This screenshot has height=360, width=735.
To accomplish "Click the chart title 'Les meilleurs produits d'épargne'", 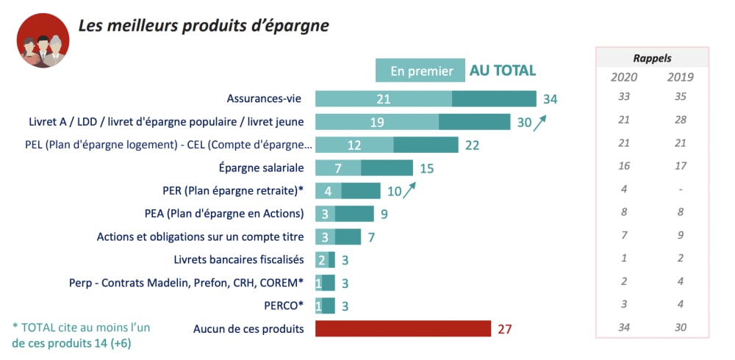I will click(x=204, y=26).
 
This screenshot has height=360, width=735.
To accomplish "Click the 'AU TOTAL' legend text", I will click(x=503, y=71).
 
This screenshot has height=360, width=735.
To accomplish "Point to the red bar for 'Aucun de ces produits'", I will click(x=403, y=328).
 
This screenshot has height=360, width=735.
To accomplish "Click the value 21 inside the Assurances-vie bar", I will click(x=383, y=99).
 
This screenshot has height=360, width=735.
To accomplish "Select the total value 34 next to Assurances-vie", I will click(x=551, y=99).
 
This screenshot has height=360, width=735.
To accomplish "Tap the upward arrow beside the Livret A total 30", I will click(x=541, y=121).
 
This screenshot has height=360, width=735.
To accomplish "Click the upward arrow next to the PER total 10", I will click(x=409, y=190).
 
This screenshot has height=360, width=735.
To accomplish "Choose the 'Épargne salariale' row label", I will click(x=262, y=168).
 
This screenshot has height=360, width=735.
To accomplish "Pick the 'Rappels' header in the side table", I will click(x=652, y=58).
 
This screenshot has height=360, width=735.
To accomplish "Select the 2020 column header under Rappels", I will click(x=624, y=77).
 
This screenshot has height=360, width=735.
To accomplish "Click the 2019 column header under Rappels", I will click(x=681, y=77).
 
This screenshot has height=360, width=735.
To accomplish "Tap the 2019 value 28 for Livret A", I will click(x=681, y=120).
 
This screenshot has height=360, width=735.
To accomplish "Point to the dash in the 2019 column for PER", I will click(x=681, y=190).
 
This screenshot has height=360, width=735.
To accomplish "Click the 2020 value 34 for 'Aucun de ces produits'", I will click(x=624, y=328).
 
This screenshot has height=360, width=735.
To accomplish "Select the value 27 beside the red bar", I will click(x=504, y=328).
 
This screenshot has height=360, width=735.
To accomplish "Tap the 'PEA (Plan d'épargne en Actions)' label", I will click(x=224, y=214).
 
